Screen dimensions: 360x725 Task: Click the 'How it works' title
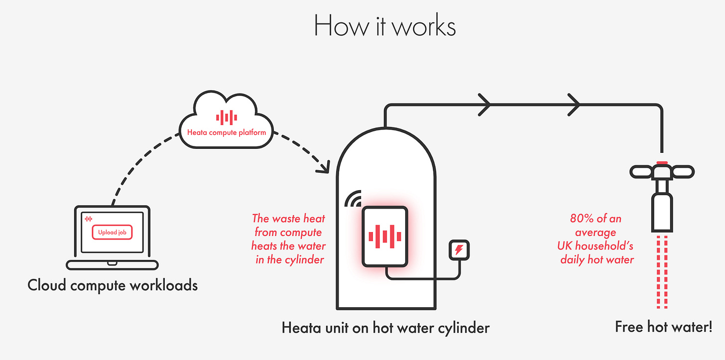click(384, 26)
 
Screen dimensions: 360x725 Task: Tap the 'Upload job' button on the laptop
click(112, 232)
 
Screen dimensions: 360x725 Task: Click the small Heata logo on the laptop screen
click(89, 219)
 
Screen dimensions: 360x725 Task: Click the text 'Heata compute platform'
click(227, 133)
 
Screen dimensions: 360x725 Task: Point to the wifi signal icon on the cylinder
click(353, 199)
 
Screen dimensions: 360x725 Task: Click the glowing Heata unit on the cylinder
click(384, 236)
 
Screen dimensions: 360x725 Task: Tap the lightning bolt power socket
click(459, 249)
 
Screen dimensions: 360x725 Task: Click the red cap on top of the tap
click(661, 162)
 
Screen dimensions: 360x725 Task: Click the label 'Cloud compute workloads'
click(113, 285)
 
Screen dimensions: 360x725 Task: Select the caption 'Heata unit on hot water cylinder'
click(385, 328)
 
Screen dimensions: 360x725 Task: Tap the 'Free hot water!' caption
click(663, 327)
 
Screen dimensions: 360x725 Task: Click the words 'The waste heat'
click(288, 218)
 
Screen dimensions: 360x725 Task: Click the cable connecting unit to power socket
click(423, 278)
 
